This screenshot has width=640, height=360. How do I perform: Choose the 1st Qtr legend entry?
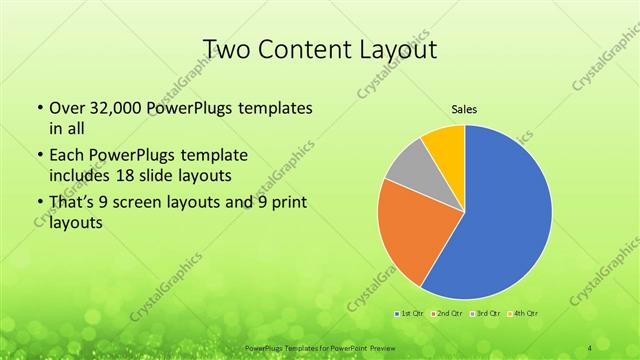pyautogui.click(x=407, y=313)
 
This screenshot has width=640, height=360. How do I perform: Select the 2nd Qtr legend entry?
pyautogui.click(x=446, y=313)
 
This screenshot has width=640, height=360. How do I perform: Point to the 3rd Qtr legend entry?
pyautogui.click(x=486, y=313)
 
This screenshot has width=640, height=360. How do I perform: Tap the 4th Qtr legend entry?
pyautogui.click(x=524, y=313)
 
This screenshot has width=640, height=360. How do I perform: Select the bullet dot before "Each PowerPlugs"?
pyautogui.click(x=39, y=156)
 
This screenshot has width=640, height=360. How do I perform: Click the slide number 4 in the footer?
pyautogui.click(x=591, y=346)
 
